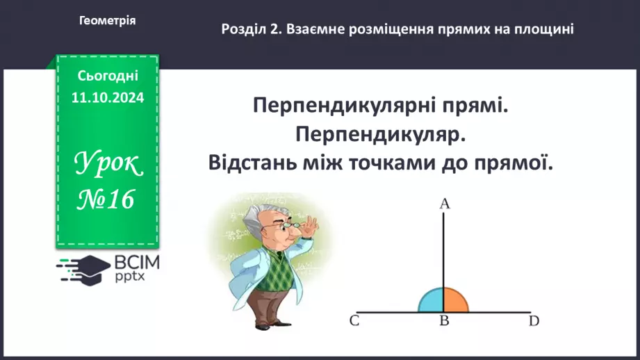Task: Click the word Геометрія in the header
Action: point(107,21)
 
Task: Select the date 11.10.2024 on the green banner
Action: point(107,98)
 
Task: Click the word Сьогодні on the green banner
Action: point(107,75)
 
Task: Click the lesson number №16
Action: point(107,199)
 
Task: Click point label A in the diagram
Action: point(444,204)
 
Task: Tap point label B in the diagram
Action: point(444,321)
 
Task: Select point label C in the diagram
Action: point(354,321)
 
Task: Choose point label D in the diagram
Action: point(534,321)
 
